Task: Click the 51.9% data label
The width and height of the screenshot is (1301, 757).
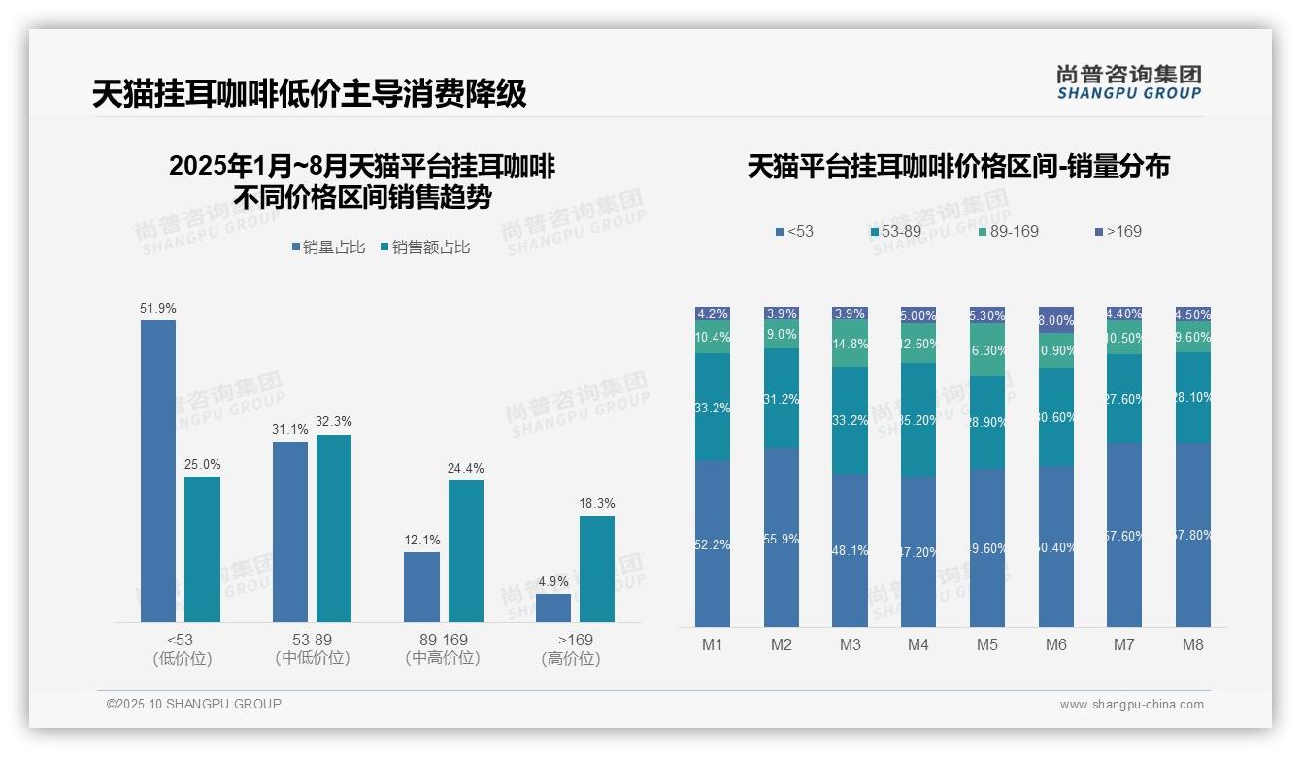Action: coord(158,308)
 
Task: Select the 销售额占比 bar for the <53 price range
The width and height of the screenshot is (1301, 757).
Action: coord(202,548)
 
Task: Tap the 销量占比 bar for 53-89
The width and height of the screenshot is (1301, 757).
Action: coord(290,531)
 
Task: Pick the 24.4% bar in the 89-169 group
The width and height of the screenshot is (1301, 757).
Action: coord(465,550)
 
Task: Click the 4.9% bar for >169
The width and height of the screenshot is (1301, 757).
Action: coord(553,608)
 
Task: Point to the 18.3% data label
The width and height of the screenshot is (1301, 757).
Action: coord(597,503)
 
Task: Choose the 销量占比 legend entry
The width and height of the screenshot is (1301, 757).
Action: coord(328,247)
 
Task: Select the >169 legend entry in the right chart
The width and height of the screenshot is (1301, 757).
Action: coord(1118,231)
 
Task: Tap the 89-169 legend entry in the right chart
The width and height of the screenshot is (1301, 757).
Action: coord(1009,231)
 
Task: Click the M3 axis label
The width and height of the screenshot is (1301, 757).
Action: coord(850,644)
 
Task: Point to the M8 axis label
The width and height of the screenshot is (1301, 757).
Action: coord(1193,644)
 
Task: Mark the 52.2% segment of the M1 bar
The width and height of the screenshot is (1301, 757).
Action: coord(713,543)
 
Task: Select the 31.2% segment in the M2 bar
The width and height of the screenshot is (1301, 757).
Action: coord(782,398)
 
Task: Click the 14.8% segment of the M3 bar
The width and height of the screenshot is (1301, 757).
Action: coord(850,344)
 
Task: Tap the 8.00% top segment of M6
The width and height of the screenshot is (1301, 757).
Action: coord(1056,320)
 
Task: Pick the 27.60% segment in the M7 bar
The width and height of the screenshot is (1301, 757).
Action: coord(1124,399)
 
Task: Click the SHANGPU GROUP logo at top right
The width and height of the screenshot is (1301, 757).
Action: coord(1128,82)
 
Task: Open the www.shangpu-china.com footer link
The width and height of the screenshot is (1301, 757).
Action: coord(1131,705)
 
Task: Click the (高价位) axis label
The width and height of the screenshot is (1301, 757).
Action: coord(571,659)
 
